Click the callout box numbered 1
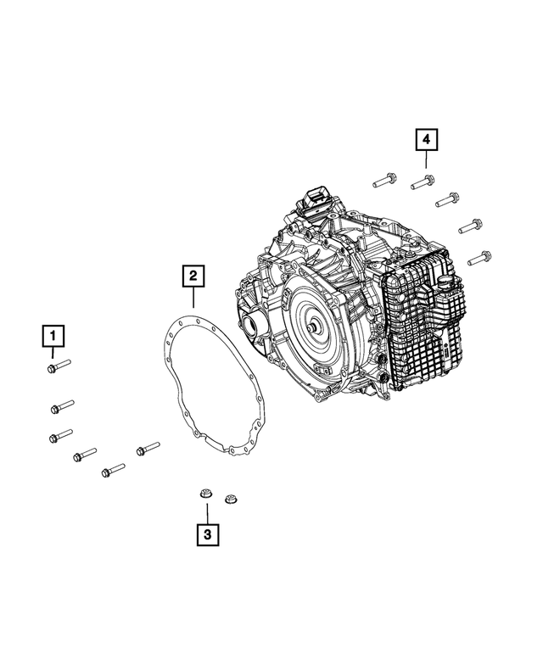click(53, 338)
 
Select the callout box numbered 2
click(193, 275)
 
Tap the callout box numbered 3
click(206, 534)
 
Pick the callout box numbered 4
click(427, 137)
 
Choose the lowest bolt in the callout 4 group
click(480, 255)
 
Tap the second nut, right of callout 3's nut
click(229, 499)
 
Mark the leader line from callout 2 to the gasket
click(193, 298)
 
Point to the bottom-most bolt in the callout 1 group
click(113, 469)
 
